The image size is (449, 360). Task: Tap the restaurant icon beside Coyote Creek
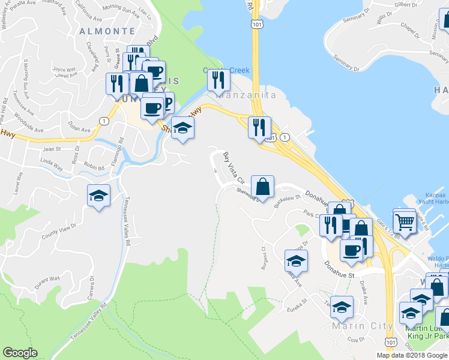coord(219,81)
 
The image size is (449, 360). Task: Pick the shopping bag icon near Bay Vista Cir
coord(262,187)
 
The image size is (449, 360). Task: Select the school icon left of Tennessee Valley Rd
coord(99,196)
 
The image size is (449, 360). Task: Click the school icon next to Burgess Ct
coord(296,260)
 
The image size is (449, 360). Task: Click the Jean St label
coord(52,149)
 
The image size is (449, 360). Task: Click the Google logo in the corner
coord(20,353)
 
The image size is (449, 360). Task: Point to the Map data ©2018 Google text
coord(412,355)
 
